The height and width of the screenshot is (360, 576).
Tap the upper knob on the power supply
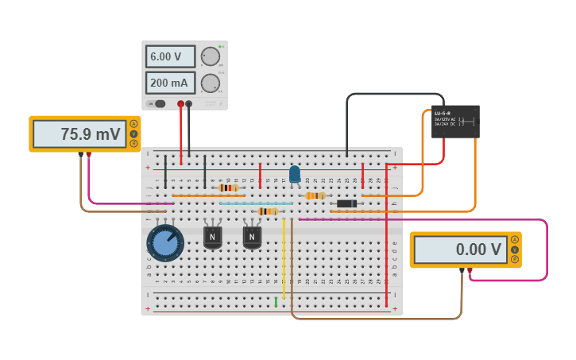[x=210, y=56]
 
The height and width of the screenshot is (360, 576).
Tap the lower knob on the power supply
[x=210, y=83]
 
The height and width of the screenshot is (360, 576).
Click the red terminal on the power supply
[x=180, y=103]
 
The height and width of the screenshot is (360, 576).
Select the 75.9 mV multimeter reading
[x=79, y=134]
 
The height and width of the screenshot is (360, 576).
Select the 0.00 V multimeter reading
[x=460, y=250]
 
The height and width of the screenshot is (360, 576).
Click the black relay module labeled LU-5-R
[x=455, y=122]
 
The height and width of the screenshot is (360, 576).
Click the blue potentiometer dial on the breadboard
[x=165, y=242]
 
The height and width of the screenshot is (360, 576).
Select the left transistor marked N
[x=212, y=236]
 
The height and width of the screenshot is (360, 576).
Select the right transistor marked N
[x=252, y=236]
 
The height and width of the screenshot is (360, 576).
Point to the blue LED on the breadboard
[x=295, y=174]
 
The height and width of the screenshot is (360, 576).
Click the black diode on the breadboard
[x=346, y=203]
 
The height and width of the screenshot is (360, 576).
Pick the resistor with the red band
[x=229, y=188]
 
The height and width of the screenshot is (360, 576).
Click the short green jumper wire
[x=276, y=302]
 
